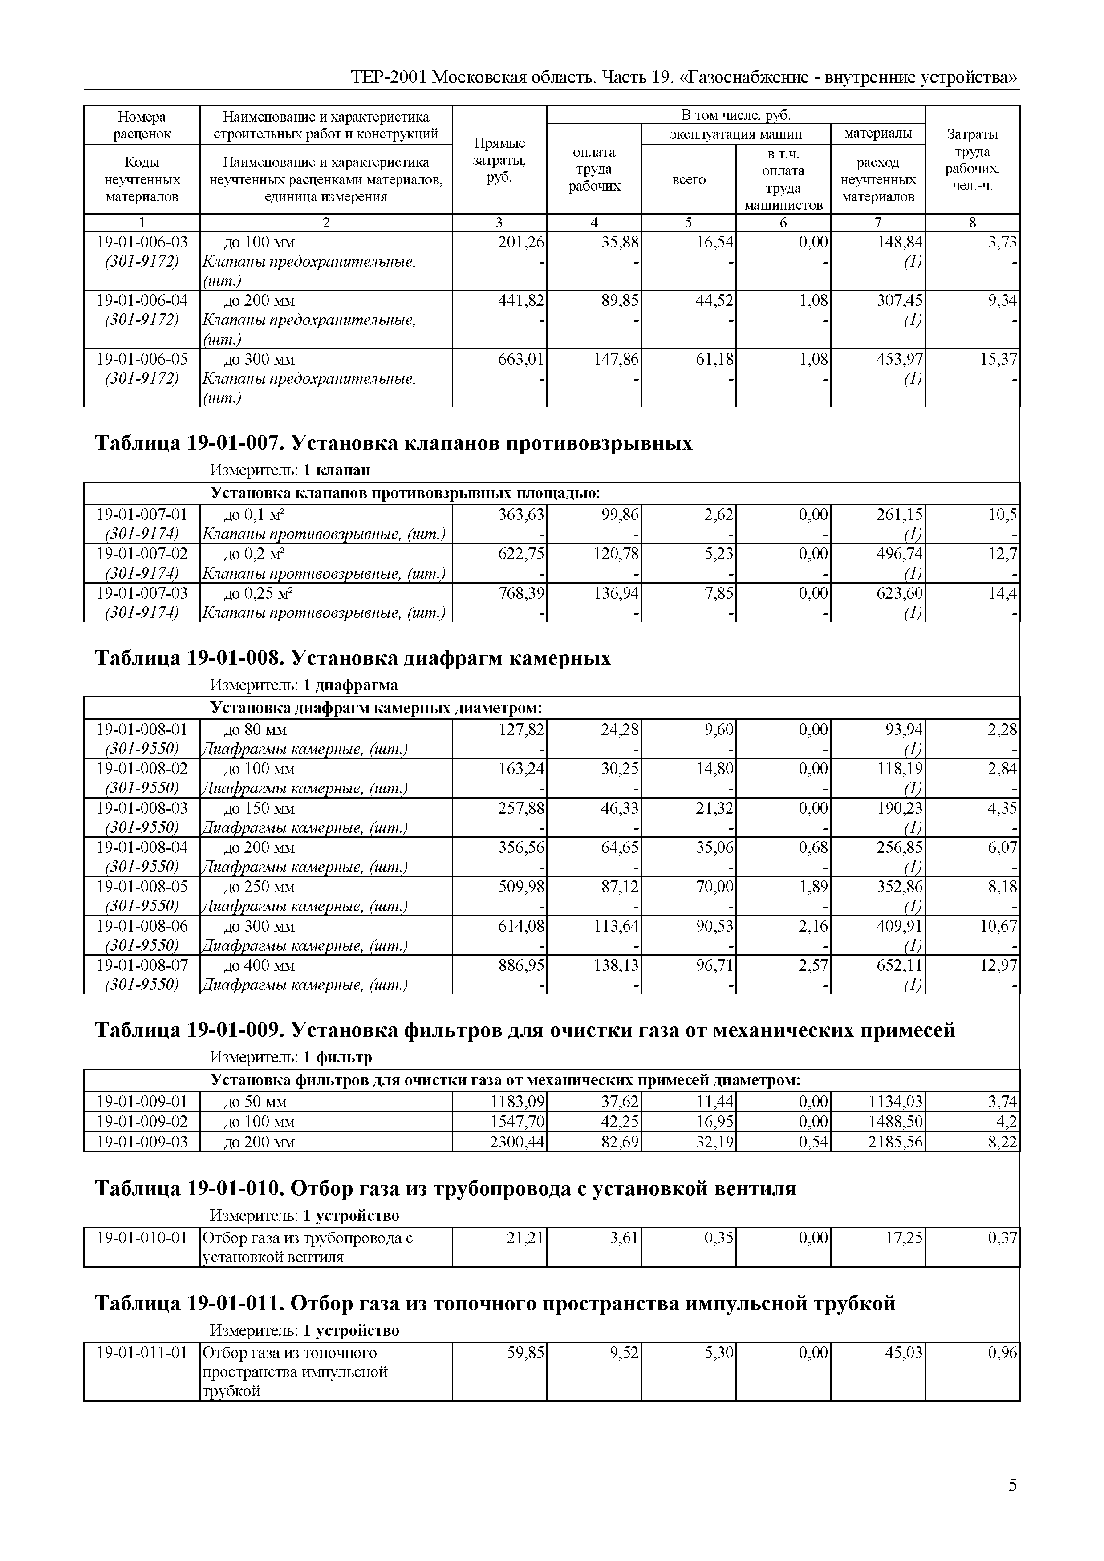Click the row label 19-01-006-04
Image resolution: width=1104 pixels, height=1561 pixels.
142,300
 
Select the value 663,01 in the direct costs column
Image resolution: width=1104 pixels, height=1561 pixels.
521,359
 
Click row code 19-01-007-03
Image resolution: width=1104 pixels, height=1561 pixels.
142,593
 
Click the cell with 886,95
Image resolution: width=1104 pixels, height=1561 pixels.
521,965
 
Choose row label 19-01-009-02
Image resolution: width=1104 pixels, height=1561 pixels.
142,1122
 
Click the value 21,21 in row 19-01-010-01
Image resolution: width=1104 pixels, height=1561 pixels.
525,1238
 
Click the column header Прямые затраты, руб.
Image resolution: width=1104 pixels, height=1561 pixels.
499,160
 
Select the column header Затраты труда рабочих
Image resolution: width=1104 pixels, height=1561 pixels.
972,160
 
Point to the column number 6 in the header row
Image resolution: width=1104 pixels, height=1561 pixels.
783,222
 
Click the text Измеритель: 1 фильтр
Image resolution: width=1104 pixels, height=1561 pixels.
291,1058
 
